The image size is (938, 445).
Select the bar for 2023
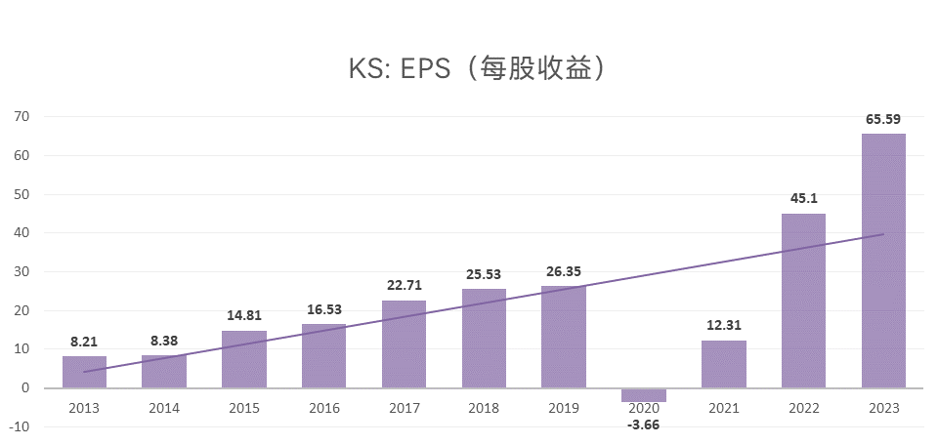(x=883, y=261)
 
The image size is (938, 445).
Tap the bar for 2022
(x=803, y=301)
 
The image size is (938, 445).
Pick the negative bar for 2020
(x=643, y=394)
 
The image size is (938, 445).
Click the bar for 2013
(x=84, y=372)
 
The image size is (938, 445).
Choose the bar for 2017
(x=404, y=344)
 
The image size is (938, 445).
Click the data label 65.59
(x=883, y=119)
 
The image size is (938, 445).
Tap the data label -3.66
(x=643, y=424)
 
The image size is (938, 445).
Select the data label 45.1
(x=803, y=198)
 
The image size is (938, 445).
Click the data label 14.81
(x=244, y=315)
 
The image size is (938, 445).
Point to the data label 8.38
(x=164, y=341)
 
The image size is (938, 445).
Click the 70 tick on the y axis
(x=21, y=116)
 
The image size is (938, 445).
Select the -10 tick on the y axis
(x=20, y=426)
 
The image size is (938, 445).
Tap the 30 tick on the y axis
(x=21, y=271)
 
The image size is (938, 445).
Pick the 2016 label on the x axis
(x=324, y=407)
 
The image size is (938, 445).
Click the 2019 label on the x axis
(x=564, y=407)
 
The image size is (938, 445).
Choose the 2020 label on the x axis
(x=643, y=407)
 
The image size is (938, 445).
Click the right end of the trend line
(x=882, y=234)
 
